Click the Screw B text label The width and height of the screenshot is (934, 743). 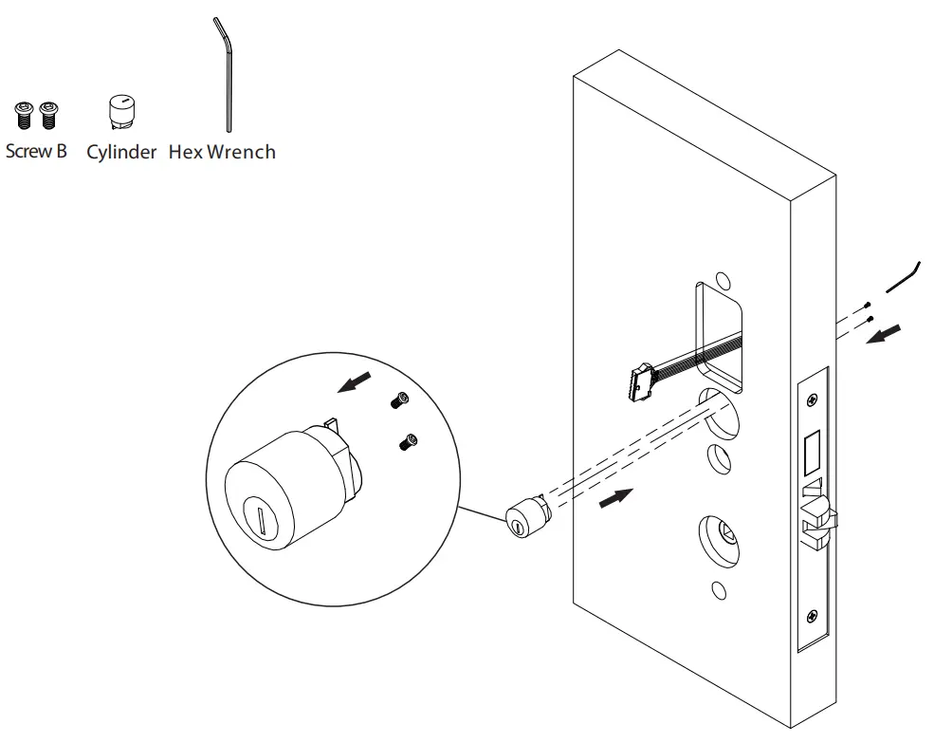point(37,151)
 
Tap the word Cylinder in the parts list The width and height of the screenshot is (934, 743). point(121,152)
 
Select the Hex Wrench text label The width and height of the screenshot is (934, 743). point(222,152)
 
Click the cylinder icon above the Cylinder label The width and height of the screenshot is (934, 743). point(121,112)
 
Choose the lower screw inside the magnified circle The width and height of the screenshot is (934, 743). point(410,440)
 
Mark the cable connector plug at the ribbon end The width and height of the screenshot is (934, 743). point(639,381)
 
